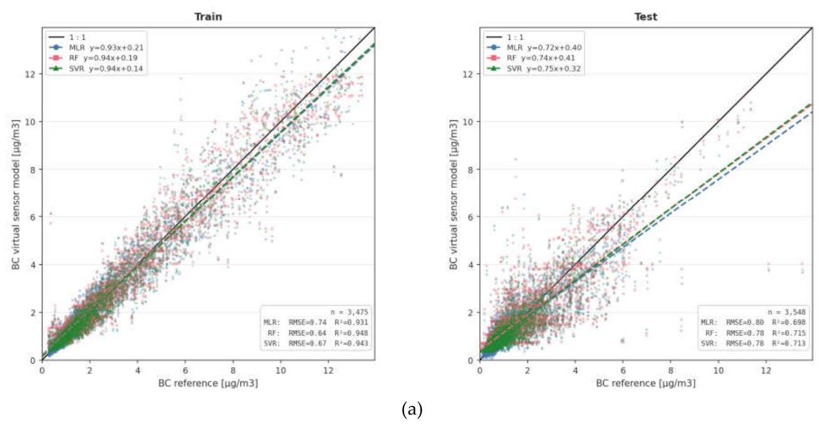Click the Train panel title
point(208,17)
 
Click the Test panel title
point(646,17)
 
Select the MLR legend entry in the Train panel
point(96,48)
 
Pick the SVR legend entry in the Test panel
point(534,68)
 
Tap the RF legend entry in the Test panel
point(531,58)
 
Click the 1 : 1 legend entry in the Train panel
point(68,38)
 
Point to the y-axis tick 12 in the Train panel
point(31,74)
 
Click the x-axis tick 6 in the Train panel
point(185,370)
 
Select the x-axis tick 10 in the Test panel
point(719,370)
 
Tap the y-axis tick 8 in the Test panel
point(471,169)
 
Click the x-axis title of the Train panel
point(208,383)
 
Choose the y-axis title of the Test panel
point(454,194)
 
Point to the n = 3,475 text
point(349,312)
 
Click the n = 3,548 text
point(787,312)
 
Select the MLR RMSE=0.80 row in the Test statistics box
point(754,323)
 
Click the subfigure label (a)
point(412,410)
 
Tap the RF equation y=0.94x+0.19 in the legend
point(110,58)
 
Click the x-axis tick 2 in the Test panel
point(527,370)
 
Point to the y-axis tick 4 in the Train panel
point(33,264)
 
